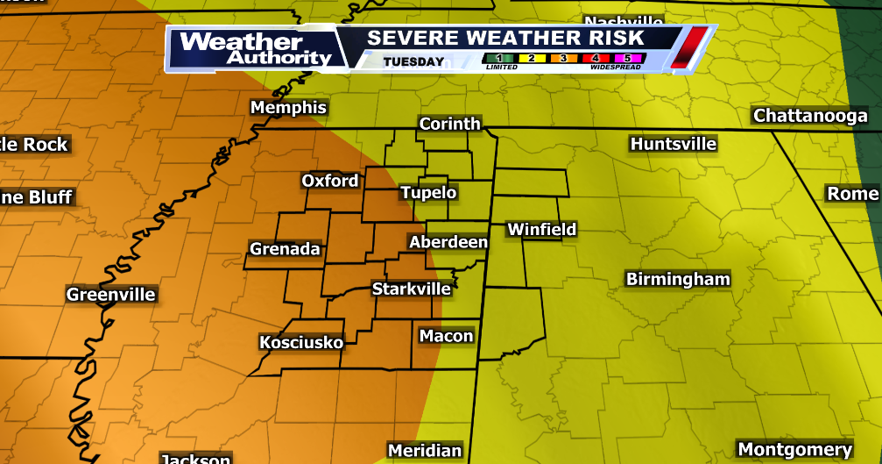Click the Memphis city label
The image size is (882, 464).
288,108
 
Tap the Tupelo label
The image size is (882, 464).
428,193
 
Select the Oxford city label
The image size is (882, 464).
330,181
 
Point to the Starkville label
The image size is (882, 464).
412,289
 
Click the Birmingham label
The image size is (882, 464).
678,280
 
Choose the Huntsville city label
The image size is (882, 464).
674,144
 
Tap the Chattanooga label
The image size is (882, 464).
810,116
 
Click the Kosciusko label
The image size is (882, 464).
301,342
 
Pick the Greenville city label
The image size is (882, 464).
111,295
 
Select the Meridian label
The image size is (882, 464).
425,451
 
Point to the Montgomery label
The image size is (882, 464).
794,448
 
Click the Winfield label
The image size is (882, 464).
542,230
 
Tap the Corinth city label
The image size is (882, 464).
450,124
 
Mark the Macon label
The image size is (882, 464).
446,336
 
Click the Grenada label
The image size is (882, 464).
286,249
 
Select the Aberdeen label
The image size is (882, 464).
448,241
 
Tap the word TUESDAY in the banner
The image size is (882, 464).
413,61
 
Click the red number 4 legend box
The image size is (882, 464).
595,59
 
